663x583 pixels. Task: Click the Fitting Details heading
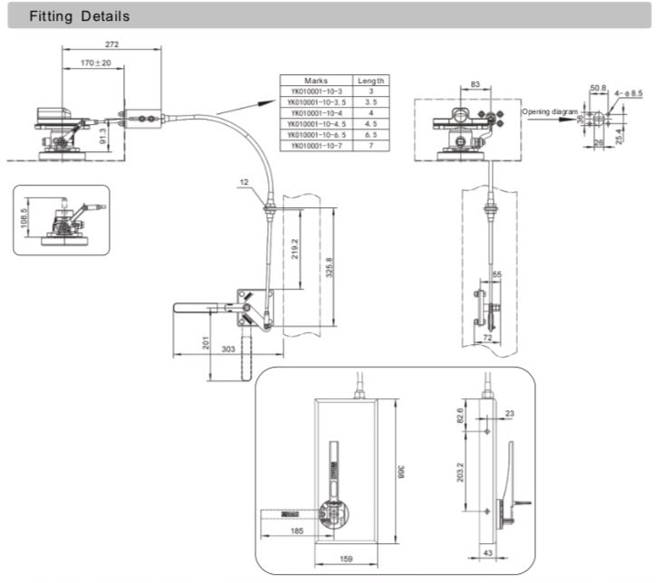pos(80,16)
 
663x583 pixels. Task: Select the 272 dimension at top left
pos(113,44)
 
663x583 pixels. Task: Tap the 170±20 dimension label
pos(96,62)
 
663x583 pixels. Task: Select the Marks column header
pos(314,81)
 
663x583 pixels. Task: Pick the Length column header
pos(370,81)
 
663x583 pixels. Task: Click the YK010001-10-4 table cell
pos(314,112)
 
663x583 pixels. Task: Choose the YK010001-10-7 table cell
pos(314,145)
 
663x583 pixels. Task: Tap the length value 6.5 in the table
pos(370,134)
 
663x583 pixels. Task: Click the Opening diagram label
pos(550,111)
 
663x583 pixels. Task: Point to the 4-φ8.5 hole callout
pos(630,93)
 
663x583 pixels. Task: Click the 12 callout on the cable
pos(245,182)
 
